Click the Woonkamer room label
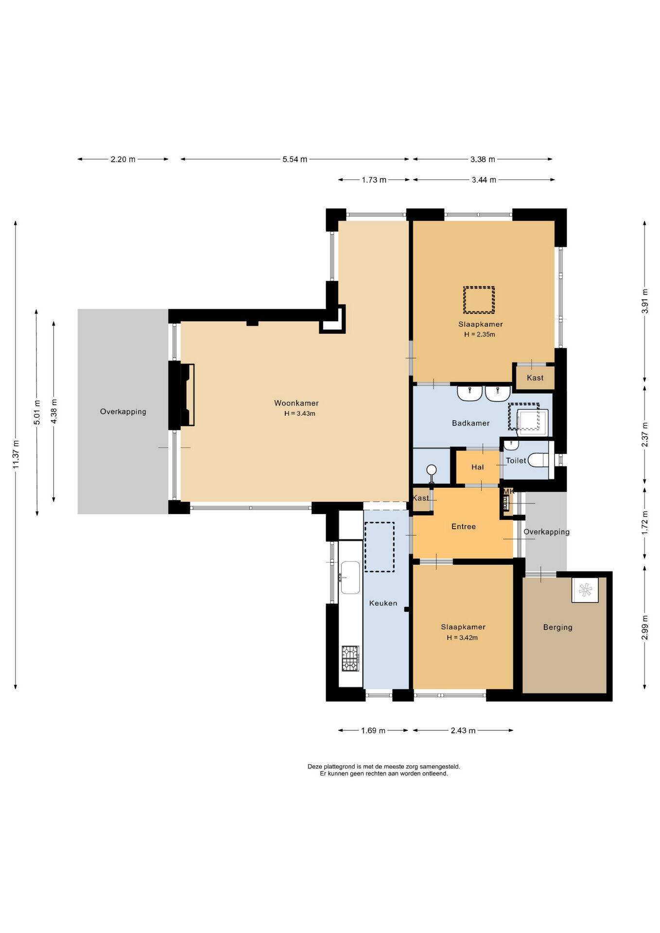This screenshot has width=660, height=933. [296, 403]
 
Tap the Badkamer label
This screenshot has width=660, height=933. [470, 423]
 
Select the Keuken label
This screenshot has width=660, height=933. [383, 603]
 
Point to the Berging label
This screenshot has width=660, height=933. [557, 627]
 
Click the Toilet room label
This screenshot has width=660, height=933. [516, 461]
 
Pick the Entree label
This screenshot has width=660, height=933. [464, 526]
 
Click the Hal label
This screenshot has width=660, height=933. [477, 467]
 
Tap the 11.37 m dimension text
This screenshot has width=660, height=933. [16, 454]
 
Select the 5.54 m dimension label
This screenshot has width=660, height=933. [295, 159]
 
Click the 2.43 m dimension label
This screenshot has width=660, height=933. [463, 730]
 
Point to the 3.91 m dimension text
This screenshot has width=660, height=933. [645, 301]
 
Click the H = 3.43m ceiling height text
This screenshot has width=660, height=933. [300, 414]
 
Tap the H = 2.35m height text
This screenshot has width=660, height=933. [480, 334]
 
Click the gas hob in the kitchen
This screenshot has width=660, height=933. [350, 658]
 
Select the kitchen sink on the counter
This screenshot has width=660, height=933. [350, 577]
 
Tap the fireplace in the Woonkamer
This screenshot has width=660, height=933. [188, 395]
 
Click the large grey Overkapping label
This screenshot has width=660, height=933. [123, 412]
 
